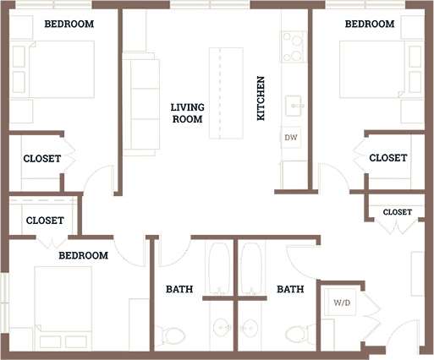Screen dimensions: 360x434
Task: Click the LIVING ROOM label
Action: click(187, 113)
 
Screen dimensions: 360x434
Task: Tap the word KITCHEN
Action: click(262, 97)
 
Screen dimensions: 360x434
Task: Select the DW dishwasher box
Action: click(291, 137)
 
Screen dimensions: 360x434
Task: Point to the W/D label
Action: click(342, 302)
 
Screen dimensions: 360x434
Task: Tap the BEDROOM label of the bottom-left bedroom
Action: click(83, 255)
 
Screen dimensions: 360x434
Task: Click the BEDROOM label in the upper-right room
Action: click(370, 25)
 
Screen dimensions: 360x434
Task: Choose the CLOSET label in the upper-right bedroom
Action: click(388, 158)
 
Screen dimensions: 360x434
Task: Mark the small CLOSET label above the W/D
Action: click(398, 212)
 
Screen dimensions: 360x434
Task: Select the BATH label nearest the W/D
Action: click(290, 289)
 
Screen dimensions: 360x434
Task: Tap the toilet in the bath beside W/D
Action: click(295, 334)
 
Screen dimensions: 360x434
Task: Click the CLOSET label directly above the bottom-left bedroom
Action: click(45, 220)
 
